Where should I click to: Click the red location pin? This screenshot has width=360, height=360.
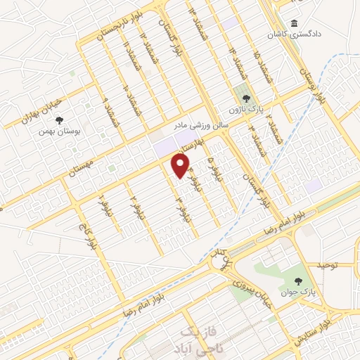coord(181,165)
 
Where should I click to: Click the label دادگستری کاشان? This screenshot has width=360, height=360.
coord(290,34)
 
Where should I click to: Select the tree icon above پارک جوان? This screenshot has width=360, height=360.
coord(307,278)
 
